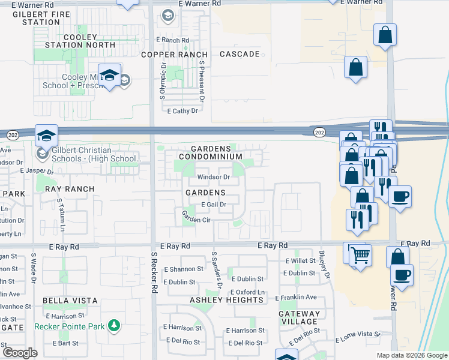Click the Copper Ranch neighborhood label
click(175, 55)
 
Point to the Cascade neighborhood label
click(240, 55)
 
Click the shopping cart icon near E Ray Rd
click(360, 256)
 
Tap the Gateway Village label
click(300, 317)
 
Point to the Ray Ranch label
click(70, 188)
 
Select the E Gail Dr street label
click(213, 205)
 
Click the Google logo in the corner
click(20, 353)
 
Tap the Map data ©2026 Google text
click(412, 355)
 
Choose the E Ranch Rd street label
click(172, 40)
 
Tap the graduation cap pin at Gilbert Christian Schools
click(46, 136)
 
